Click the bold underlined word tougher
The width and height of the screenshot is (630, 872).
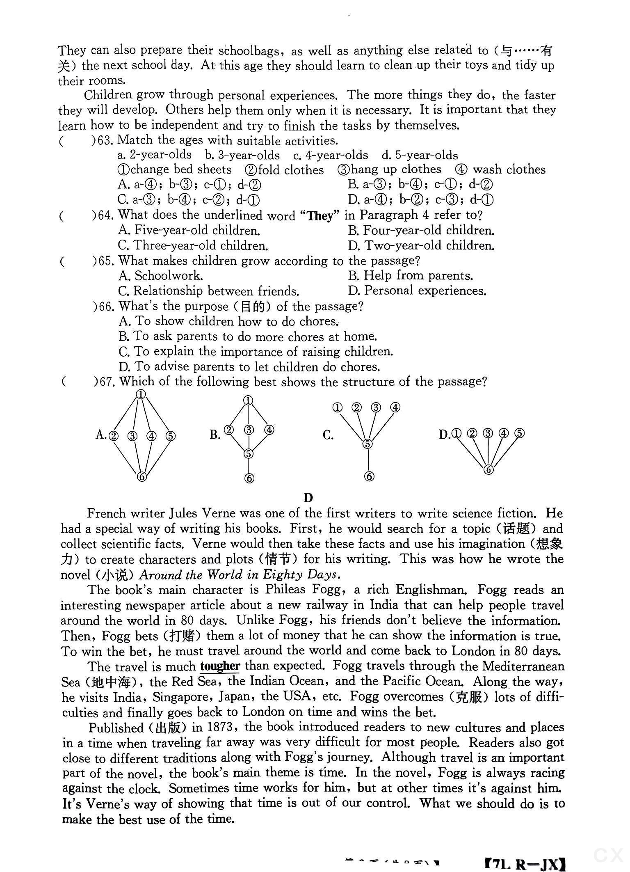point(220,666)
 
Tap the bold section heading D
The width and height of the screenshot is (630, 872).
point(308,498)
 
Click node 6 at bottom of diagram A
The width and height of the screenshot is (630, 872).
point(142,476)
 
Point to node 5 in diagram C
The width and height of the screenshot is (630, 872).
point(367,444)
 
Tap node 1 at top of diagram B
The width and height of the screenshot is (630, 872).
point(248,401)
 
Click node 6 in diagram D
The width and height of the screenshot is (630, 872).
point(488,469)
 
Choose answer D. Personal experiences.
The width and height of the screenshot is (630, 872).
point(417,291)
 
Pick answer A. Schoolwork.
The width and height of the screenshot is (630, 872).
point(160,276)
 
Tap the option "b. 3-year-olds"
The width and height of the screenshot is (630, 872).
point(242,155)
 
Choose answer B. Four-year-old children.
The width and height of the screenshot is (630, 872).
point(421,231)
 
